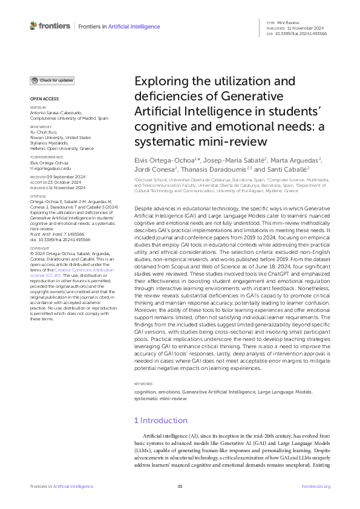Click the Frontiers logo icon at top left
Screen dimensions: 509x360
pyautogui.click(x=33, y=26)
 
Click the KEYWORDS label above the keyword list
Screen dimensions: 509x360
pyautogui.click(x=144, y=367)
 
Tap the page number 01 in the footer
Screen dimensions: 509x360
pyautogui.click(x=180, y=486)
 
